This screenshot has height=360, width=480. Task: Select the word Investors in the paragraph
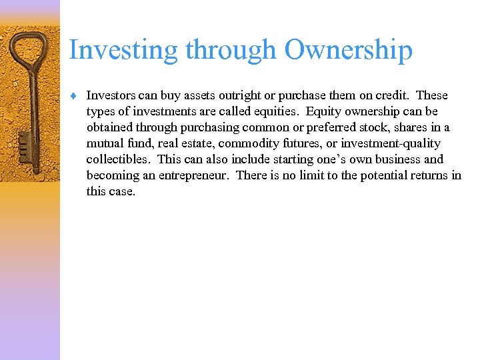[111, 95]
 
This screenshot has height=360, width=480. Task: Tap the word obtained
[109, 127]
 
